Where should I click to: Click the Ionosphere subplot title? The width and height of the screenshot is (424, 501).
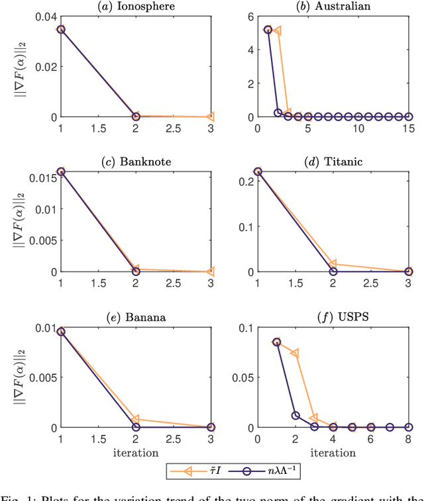point(135,6)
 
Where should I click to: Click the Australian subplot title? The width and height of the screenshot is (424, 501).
point(333,6)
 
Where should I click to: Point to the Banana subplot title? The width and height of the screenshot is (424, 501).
point(135,316)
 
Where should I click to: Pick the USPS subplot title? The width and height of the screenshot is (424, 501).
point(333,316)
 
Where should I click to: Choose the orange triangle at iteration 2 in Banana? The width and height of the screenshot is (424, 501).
point(135,419)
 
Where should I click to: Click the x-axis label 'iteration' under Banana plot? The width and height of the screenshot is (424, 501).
point(135,453)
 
